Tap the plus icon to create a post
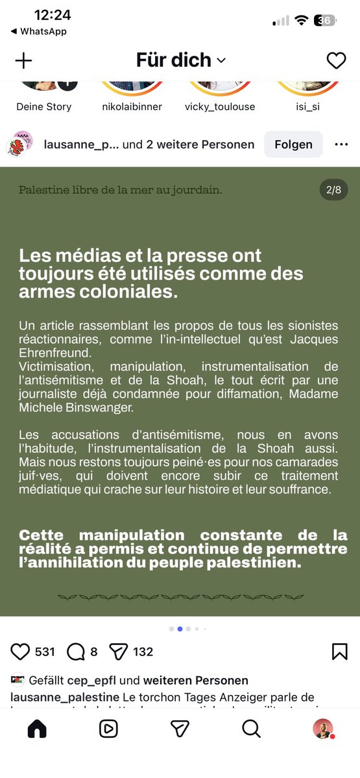click(23, 60)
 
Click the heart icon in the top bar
click(336, 60)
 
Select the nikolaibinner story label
click(132, 107)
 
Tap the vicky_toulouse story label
click(220, 107)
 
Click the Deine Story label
click(44, 107)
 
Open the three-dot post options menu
click(341, 145)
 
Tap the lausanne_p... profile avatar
click(20, 144)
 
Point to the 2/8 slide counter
click(333, 190)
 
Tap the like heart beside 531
click(21, 652)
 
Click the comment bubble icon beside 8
click(76, 652)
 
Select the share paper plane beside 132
click(117, 652)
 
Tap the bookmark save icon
click(339, 652)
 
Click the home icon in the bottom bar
click(37, 729)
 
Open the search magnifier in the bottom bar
click(251, 729)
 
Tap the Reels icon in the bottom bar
click(108, 729)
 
